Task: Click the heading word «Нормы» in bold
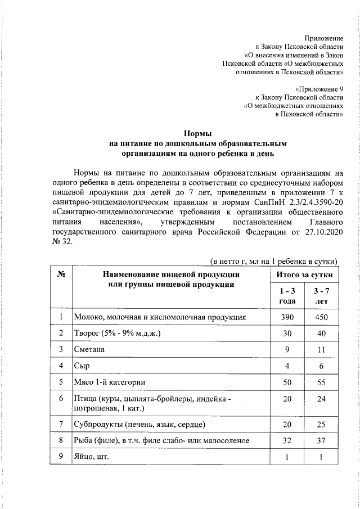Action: point(197,133)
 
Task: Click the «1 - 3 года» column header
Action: point(287,296)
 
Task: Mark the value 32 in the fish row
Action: point(287,440)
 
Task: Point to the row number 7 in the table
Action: point(60,424)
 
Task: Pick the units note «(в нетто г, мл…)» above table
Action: point(273,261)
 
